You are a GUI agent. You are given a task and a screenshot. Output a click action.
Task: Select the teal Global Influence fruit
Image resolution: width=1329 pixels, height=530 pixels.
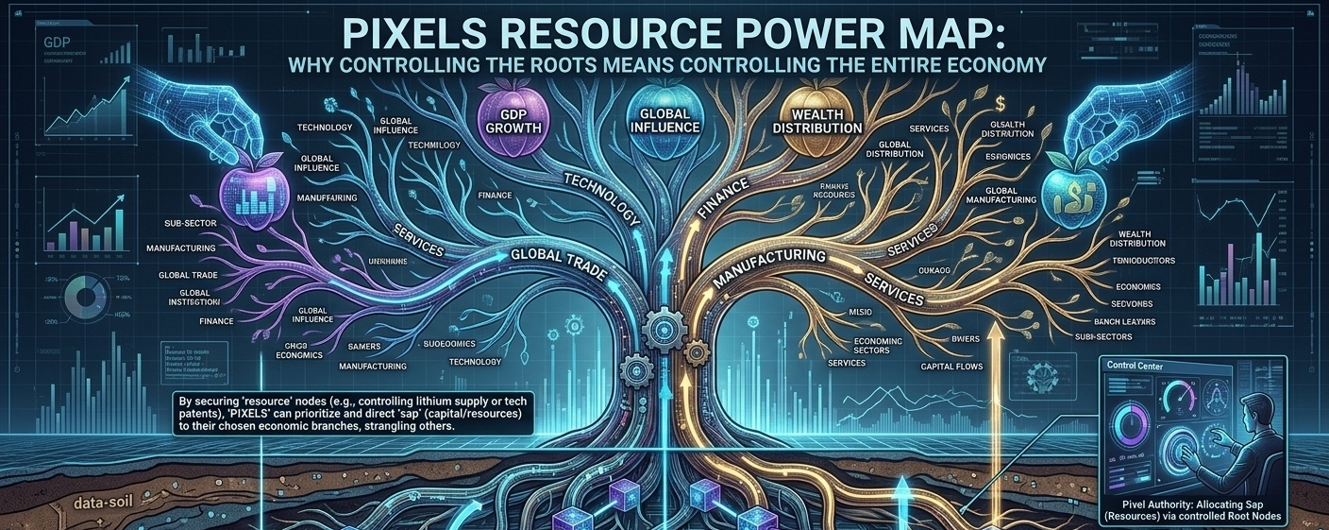pos(657,118)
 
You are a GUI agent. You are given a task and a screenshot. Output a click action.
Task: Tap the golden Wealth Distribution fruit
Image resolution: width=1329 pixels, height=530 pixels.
pos(816,120)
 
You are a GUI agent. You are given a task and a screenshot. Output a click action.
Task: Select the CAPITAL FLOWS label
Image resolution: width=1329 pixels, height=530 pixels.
pos(951,366)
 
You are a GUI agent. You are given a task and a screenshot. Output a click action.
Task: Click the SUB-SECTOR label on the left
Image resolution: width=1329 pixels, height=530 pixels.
pos(190,224)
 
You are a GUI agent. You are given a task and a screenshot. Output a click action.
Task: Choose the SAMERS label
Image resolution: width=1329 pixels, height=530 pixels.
pos(364,347)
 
